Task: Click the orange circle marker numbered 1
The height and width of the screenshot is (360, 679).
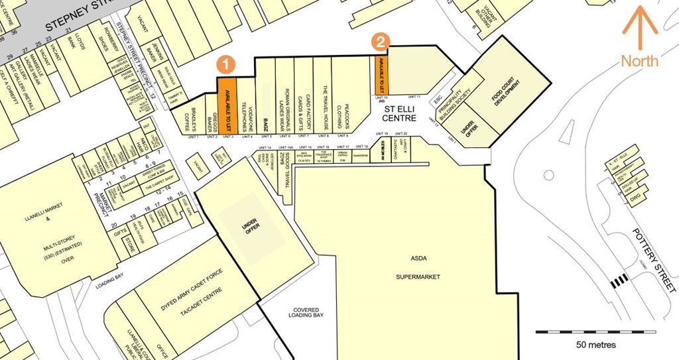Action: coord(227,64)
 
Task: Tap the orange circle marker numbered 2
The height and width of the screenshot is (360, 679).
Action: coord(380,42)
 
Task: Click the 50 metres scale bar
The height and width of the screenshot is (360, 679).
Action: coord(595,331)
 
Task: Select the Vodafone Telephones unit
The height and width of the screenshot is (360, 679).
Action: coord(245,106)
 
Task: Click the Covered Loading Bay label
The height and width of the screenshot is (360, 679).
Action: coord(306,314)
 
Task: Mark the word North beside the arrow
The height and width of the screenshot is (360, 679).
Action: coord(639,61)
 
